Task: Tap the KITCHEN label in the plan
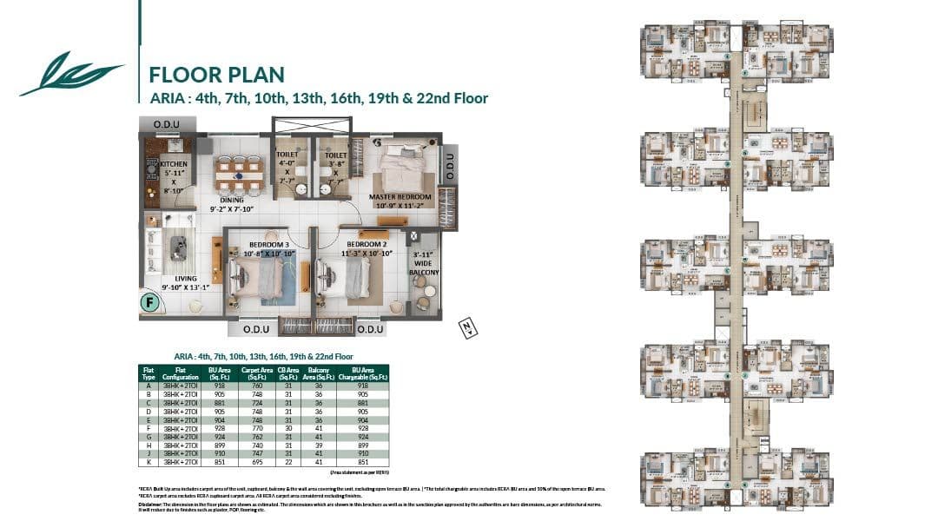174,163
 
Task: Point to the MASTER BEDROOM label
400,197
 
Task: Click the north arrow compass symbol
466,327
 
